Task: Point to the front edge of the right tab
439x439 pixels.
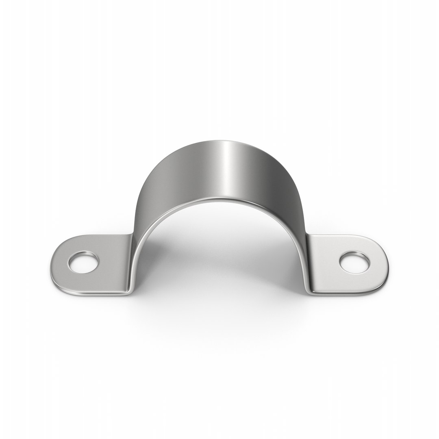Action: coord(346,292)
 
